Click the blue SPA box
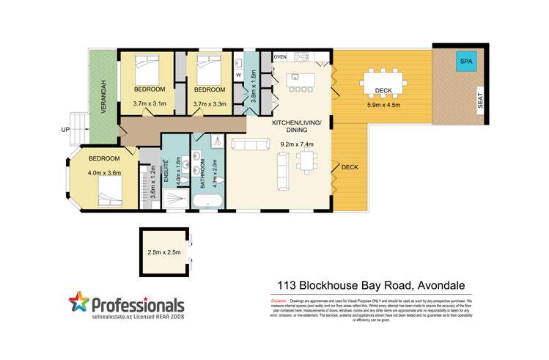[x=465, y=62]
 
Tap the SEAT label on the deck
[x=480, y=100]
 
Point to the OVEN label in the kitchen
[x=280, y=56]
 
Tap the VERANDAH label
[x=104, y=94]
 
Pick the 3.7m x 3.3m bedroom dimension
[x=209, y=103]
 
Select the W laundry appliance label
[x=239, y=75]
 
